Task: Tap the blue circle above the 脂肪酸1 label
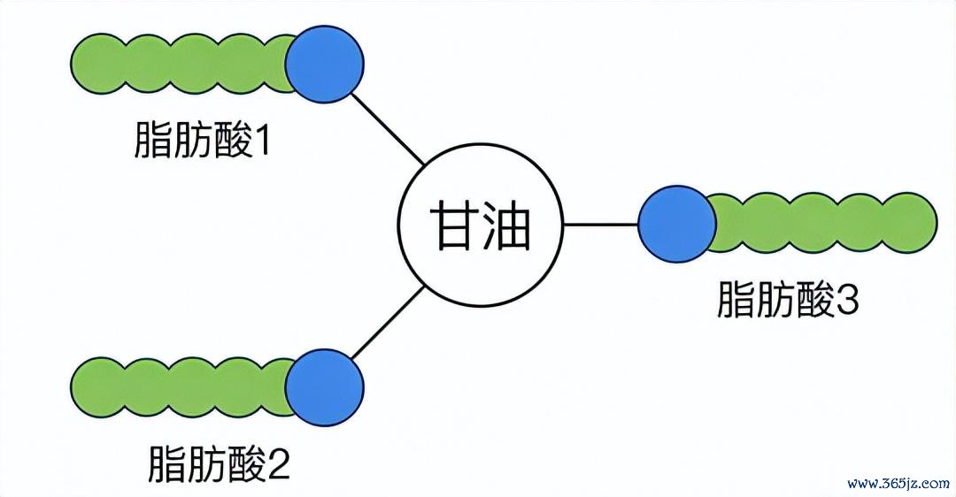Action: [324, 64]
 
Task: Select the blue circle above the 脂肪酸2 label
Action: [324, 387]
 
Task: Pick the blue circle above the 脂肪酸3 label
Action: [677, 225]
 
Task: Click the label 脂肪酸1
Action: [202, 141]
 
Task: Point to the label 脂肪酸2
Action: [219, 464]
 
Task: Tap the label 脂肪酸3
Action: [788, 299]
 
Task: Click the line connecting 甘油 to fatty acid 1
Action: [389, 129]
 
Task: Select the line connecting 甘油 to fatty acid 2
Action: [389, 322]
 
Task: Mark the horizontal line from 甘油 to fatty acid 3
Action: [601, 225]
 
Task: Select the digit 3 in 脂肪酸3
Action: [847, 300]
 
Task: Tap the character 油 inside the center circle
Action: [506, 225]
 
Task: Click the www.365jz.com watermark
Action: [898, 485]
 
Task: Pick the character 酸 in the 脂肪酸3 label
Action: [814, 299]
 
